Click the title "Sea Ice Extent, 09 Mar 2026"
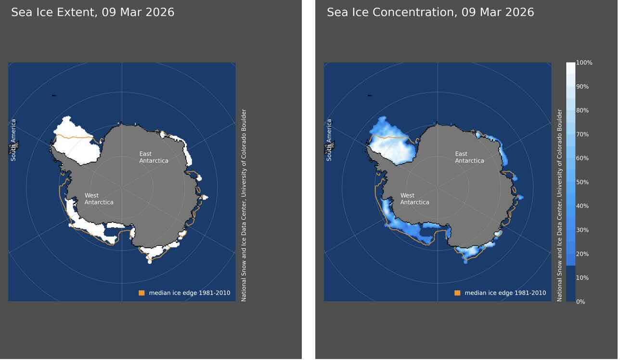pos(92,13)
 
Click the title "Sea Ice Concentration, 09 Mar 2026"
pos(430,13)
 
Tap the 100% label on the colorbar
pos(584,63)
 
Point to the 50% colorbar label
pos(583,182)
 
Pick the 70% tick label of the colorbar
pos(583,135)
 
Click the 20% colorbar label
pos(583,254)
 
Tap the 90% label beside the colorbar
pos(583,87)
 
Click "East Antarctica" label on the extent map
pos(154,157)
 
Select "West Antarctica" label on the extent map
pos(99,199)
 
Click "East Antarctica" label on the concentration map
pos(469,157)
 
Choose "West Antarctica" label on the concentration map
pos(414,199)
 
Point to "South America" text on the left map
pos(13,140)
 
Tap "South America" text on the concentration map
pos(329,140)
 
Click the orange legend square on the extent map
pos(142,293)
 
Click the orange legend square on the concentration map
pos(457,293)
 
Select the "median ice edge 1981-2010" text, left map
pos(189,293)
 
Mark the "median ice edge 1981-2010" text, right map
pos(505,293)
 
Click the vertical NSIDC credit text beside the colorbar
pos(559,206)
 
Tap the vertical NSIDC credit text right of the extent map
pos(244,206)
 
